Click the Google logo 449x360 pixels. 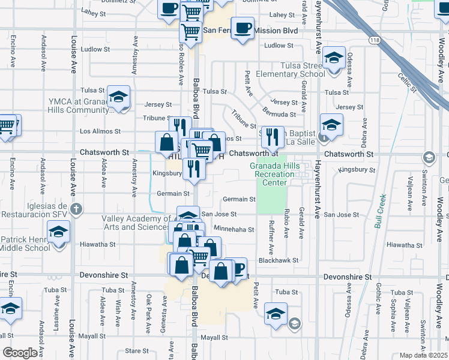pos(20,353)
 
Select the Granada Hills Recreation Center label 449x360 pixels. pos(273,173)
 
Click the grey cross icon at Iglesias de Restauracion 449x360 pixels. pos(75,209)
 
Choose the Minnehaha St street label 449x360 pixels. pos(234,229)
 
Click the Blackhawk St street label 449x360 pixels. pos(279,260)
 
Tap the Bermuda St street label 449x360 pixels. pos(279,114)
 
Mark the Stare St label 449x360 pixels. pos(137,351)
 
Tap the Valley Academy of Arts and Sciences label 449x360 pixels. pos(136,223)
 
